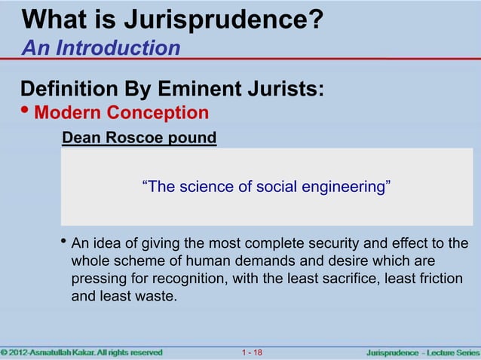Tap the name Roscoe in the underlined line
139,139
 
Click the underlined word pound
194,139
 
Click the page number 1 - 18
253,352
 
